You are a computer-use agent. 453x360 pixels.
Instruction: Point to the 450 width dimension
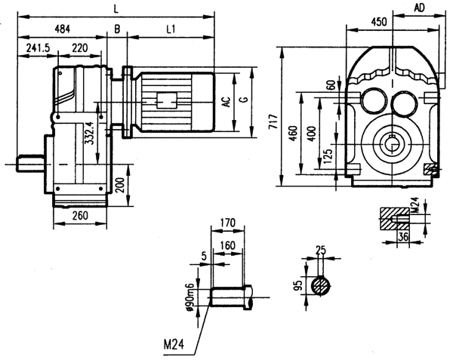381,22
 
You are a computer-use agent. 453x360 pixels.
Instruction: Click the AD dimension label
420,8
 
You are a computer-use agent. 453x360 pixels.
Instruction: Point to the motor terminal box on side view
167,99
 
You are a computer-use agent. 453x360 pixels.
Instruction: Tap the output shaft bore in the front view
393,140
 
